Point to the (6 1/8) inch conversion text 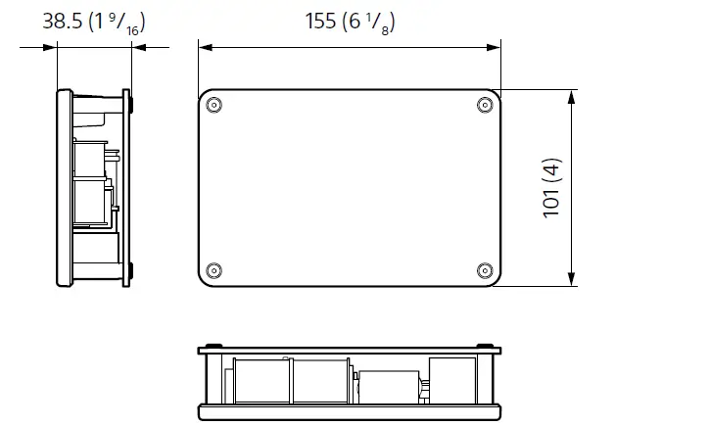(371, 21)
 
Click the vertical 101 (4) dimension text (553, 189)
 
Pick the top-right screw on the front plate (483, 106)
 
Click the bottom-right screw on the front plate (483, 270)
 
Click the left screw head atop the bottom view (215, 346)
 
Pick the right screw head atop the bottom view (483, 346)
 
